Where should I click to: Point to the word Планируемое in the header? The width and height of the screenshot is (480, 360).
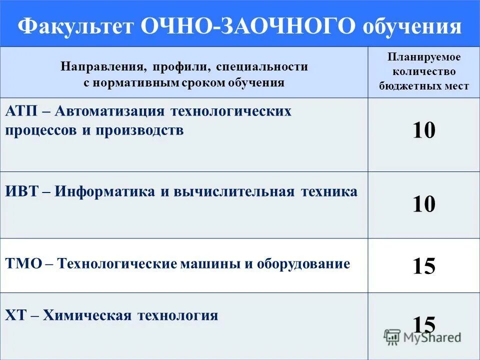click(x=423, y=57)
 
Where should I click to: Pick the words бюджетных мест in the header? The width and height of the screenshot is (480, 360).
click(x=423, y=86)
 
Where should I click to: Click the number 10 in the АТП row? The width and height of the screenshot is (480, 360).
click(x=424, y=131)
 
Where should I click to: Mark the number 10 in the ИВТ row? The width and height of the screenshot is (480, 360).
click(x=424, y=204)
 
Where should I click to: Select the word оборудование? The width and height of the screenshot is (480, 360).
click(x=303, y=263)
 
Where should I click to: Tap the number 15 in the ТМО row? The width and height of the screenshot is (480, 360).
click(x=424, y=266)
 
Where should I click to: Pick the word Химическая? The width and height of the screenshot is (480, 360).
click(x=86, y=315)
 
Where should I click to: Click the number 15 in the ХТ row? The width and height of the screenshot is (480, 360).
click(x=424, y=324)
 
